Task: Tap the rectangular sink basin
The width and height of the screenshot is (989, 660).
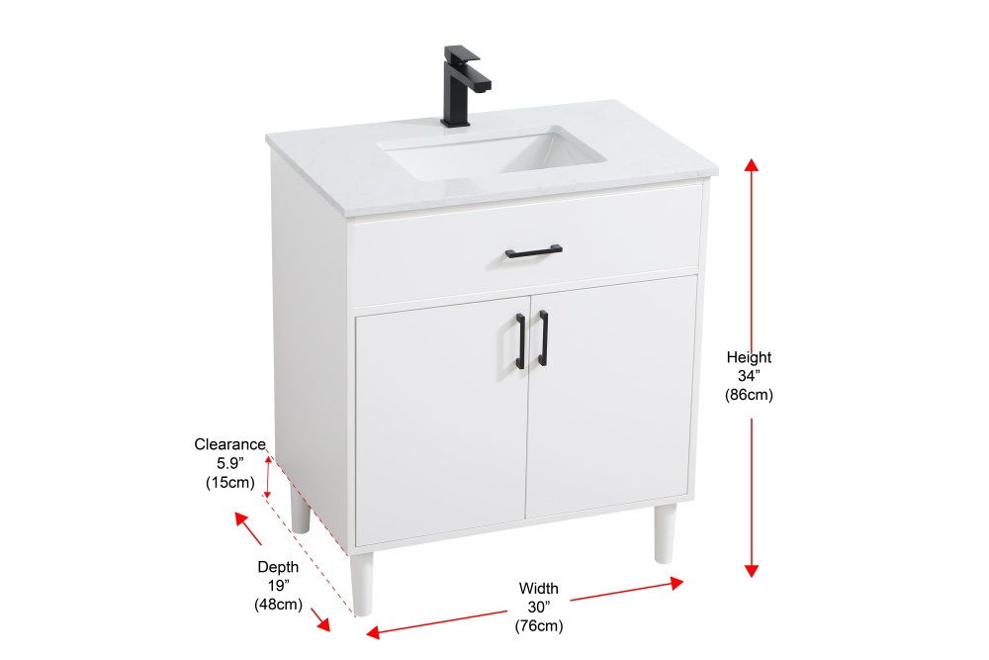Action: [x=492, y=153]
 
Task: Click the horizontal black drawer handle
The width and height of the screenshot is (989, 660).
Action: [x=534, y=251]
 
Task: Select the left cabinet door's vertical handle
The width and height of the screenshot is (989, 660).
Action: [x=520, y=340]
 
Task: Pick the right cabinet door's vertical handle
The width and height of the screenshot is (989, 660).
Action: [x=543, y=337]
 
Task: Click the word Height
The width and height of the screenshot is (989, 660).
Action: [x=749, y=358]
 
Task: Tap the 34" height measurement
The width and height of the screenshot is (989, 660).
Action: [x=749, y=376]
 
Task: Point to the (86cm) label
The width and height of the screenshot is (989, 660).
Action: [x=749, y=395]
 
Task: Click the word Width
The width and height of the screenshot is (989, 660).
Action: [x=539, y=588]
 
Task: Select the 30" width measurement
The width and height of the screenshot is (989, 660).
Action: [x=539, y=607]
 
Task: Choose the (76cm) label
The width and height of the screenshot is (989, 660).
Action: [x=539, y=626]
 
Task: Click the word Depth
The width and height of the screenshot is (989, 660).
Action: [x=278, y=567]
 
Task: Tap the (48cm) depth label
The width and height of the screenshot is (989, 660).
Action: [x=278, y=605]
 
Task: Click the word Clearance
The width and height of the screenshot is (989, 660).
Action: [x=229, y=444]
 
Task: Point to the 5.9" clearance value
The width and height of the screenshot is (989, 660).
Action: [x=229, y=463]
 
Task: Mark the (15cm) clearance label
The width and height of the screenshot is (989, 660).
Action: [x=229, y=483]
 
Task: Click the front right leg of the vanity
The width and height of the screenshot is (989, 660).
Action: [x=665, y=533]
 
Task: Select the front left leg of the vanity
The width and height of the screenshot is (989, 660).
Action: [x=362, y=584]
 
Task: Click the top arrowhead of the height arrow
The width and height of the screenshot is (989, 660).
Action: [x=752, y=164]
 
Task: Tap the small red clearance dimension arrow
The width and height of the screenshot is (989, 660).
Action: [x=268, y=476]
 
